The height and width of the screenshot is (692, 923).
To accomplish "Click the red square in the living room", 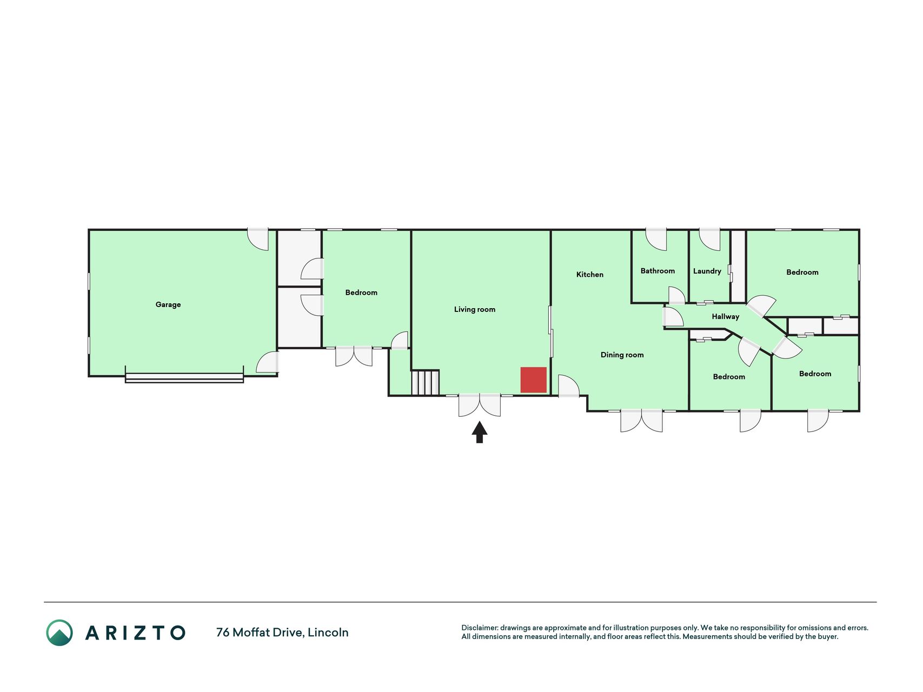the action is tap(533, 380).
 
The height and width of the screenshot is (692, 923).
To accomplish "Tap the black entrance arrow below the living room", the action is tap(480, 432).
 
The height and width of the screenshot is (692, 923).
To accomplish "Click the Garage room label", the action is tap(168, 304).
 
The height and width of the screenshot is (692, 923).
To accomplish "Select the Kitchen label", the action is tap(590, 275).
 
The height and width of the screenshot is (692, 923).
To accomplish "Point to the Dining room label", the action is tap(622, 355).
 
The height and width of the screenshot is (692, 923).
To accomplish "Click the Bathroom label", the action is tap(658, 271).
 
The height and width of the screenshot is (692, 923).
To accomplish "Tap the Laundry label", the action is tap(707, 271).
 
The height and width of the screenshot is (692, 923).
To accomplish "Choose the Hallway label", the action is tap(725, 317).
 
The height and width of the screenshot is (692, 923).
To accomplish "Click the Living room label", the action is tap(475, 309).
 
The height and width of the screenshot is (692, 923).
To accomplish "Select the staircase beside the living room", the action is tap(425, 382).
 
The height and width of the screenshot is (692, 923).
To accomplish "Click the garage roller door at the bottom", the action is tap(184, 378).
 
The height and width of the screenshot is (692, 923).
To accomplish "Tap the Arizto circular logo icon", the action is tap(59, 633).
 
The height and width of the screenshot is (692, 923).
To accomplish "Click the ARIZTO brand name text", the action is tap(135, 633).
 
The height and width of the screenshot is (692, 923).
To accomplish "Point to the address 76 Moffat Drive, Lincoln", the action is tap(282, 632).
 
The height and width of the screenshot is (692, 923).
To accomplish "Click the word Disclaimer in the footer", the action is tap(479, 628).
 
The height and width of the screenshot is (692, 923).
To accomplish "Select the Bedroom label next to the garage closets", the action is tap(361, 292).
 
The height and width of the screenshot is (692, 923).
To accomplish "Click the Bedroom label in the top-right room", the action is tap(802, 272).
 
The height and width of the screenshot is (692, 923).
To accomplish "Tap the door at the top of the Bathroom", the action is tap(656, 239).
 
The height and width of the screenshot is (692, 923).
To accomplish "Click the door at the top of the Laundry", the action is tap(710, 239).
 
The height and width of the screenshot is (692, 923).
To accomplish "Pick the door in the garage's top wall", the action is tap(258, 239).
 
